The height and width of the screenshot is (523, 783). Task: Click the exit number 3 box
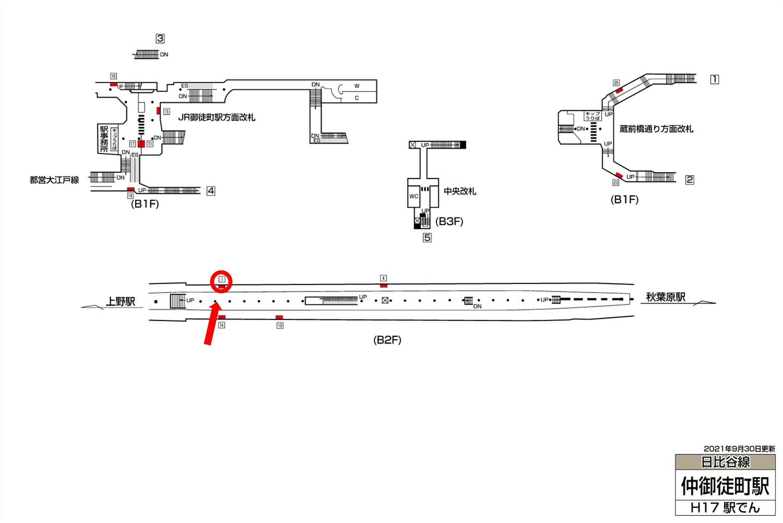click(160, 39)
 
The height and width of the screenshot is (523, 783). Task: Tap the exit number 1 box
click(714, 80)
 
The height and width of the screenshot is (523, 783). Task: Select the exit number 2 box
click(689, 180)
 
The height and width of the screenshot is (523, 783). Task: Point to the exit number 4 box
click(211, 191)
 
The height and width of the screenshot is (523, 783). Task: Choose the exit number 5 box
click(427, 238)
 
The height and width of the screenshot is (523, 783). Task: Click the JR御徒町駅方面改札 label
click(217, 117)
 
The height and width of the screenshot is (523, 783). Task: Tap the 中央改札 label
click(460, 191)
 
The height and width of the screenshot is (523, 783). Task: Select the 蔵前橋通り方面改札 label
click(656, 129)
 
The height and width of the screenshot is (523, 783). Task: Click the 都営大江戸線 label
click(54, 180)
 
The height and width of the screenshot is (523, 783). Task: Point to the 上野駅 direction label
click(120, 301)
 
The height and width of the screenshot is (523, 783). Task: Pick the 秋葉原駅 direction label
click(665, 297)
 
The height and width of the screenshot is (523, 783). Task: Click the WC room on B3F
click(414, 197)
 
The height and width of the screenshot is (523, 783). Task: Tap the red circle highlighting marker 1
click(221, 281)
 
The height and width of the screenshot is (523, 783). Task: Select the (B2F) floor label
click(387, 340)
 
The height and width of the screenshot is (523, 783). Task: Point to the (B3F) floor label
click(449, 221)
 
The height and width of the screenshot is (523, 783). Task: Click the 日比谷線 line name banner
click(725, 462)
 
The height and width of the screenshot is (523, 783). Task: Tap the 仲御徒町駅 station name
click(725, 486)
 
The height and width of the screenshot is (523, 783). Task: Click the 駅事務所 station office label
click(104, 139)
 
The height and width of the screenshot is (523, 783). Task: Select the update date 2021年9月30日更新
click(739, 449)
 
